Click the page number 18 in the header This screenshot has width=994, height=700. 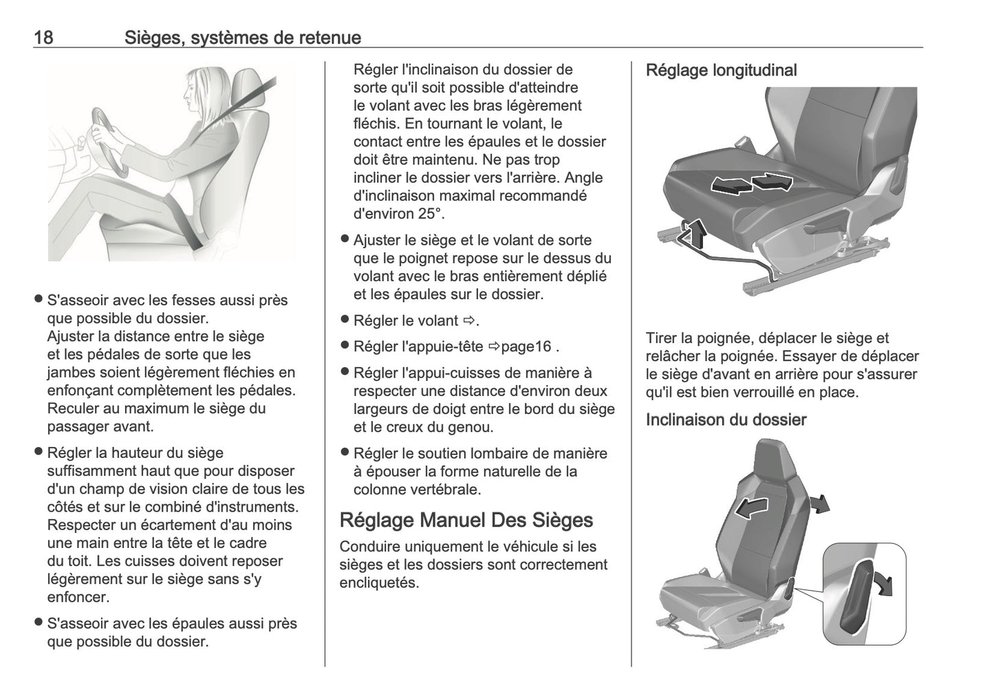(43, 37)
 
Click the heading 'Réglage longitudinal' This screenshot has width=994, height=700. (721, 70)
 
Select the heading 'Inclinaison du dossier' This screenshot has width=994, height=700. (726, 419)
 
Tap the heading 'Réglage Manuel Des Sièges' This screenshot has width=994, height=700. (466, 520)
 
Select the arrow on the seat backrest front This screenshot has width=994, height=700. (750, 510)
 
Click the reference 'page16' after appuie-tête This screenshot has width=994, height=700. (526, 347)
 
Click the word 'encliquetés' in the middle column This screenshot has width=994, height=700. (378, 583)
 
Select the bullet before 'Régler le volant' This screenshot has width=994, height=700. (345, 320)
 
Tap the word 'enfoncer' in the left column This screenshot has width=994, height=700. (78, 597)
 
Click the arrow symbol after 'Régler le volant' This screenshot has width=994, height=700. (469, 320)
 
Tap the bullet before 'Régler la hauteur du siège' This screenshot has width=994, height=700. (39, 452)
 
